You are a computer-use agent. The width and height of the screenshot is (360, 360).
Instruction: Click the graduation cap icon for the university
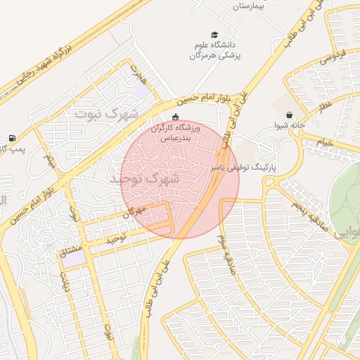(214, 34)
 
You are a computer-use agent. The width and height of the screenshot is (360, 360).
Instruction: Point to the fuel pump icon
(11, 138)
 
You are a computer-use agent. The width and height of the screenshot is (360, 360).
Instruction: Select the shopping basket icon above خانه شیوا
(290, 115)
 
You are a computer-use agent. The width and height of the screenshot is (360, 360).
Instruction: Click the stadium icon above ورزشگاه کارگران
(175, 117)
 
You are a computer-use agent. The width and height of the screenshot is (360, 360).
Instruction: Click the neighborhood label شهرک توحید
(145, 179)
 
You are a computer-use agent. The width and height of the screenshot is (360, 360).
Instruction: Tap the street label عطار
(324, 108)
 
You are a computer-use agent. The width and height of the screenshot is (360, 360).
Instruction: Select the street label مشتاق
(73, 250)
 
